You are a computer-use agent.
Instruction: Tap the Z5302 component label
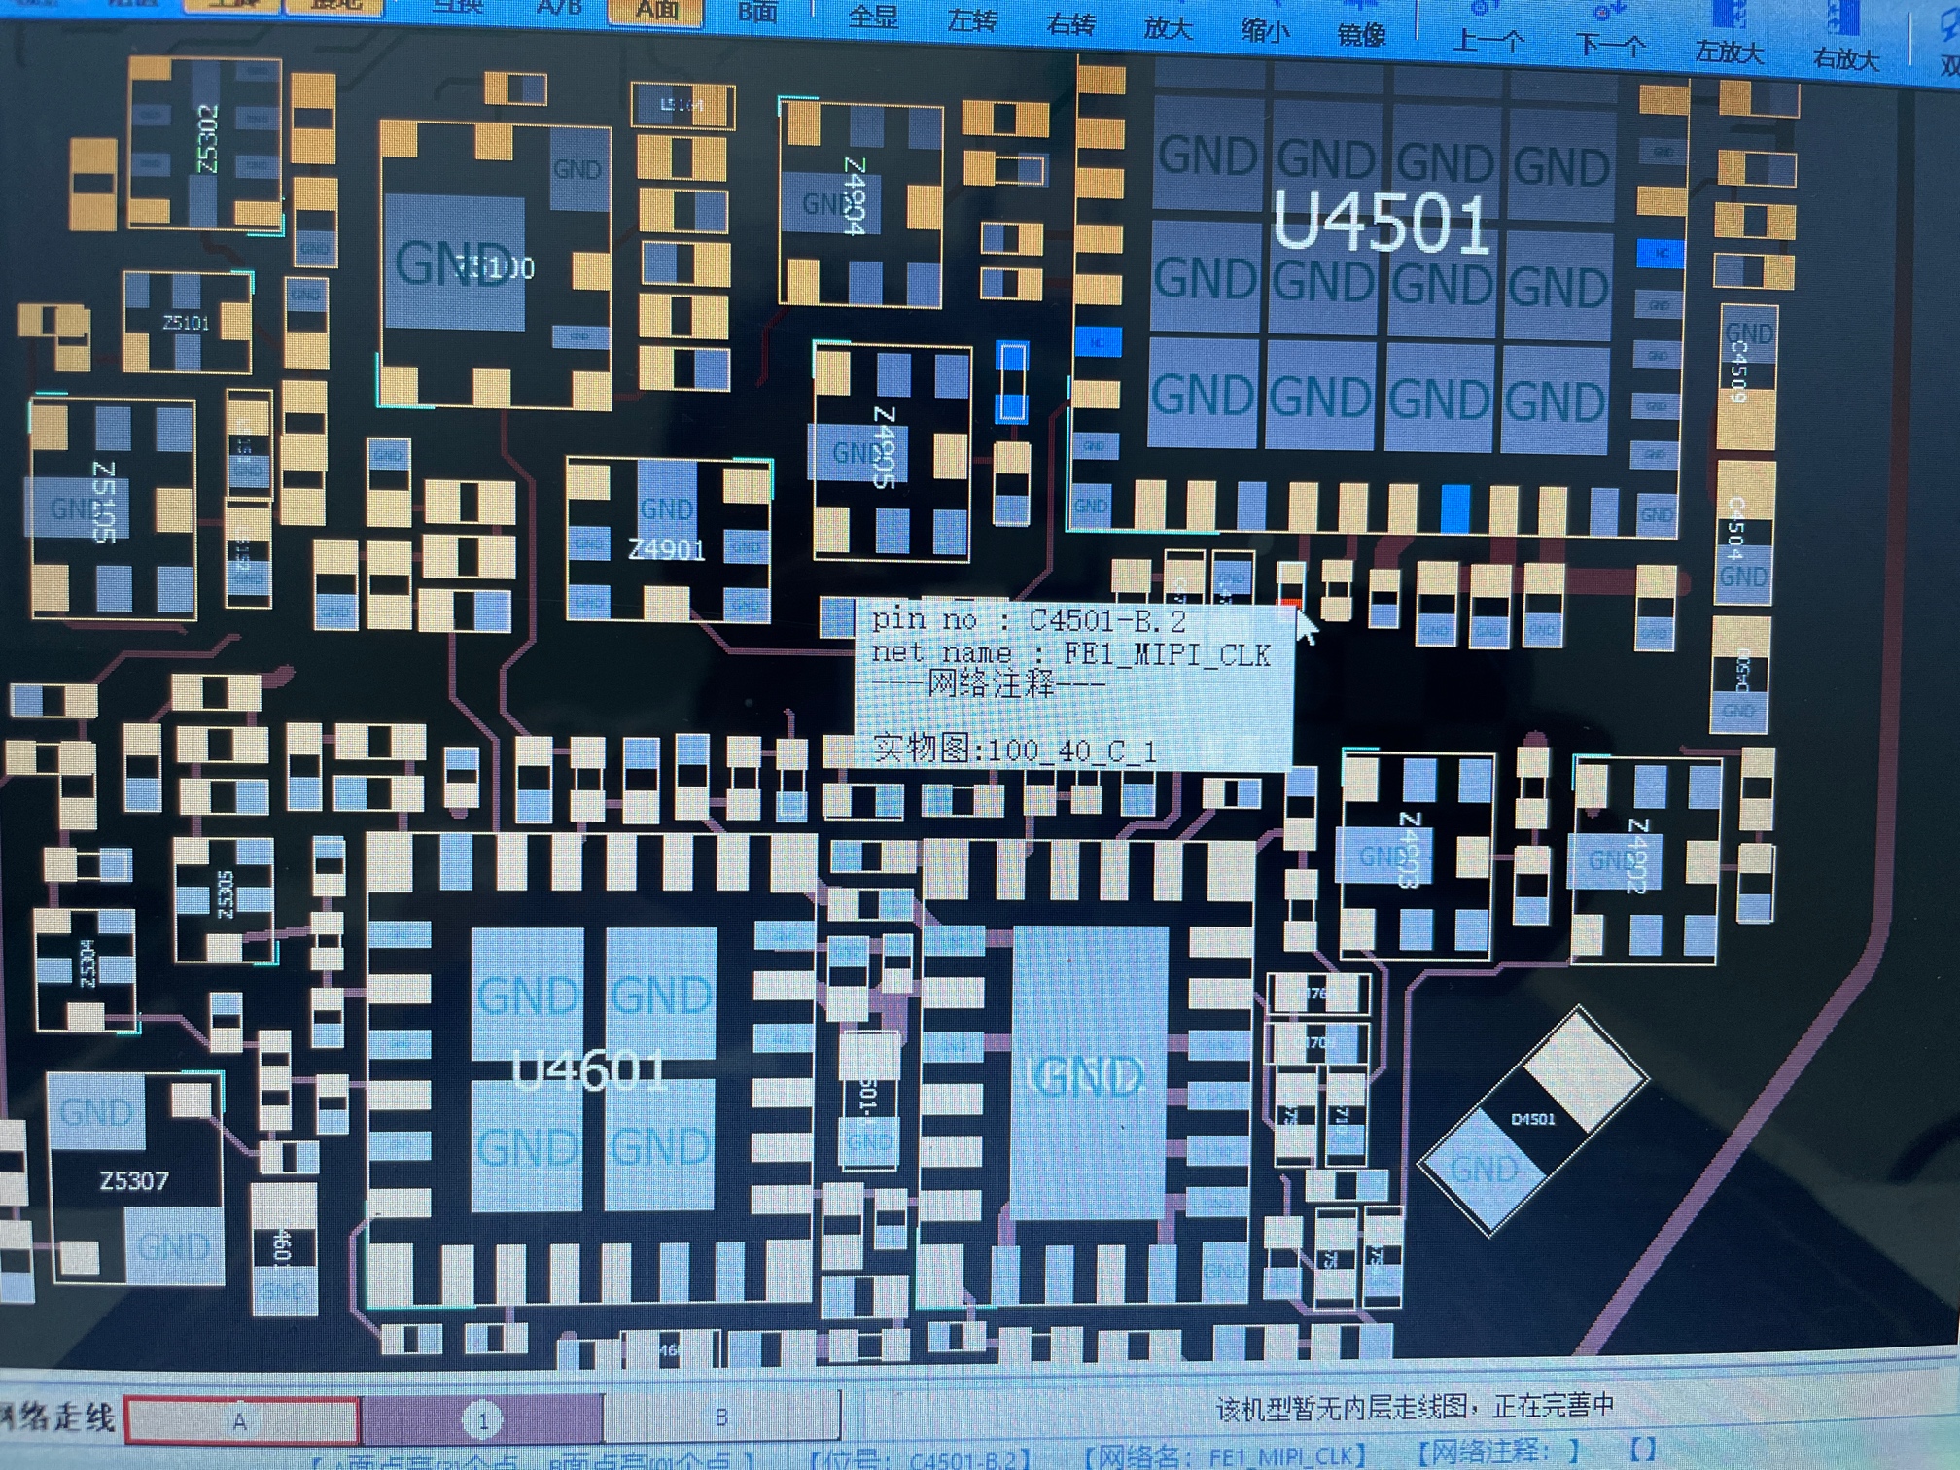pos(207,139)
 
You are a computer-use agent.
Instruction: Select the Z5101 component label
pos(186,323)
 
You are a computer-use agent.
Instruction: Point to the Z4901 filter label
pos(666,550)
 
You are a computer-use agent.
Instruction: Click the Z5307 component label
pos(134,1181)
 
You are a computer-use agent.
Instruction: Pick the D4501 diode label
pos(1533,1119)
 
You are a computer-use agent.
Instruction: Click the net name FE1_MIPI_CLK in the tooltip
pos(1166,654)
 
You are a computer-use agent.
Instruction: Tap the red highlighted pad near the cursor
pos(1290,606)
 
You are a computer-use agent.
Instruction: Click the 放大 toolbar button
pos(1168,27)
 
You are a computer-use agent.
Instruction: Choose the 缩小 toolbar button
pos(1265,30)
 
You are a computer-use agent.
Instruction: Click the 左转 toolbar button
pos(972,20)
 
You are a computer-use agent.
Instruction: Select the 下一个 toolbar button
pos(1610,44)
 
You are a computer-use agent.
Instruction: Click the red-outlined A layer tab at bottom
pos(241,1420)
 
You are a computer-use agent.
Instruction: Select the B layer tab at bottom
pos(720,1417)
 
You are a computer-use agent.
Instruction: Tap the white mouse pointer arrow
pos(1306,626)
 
